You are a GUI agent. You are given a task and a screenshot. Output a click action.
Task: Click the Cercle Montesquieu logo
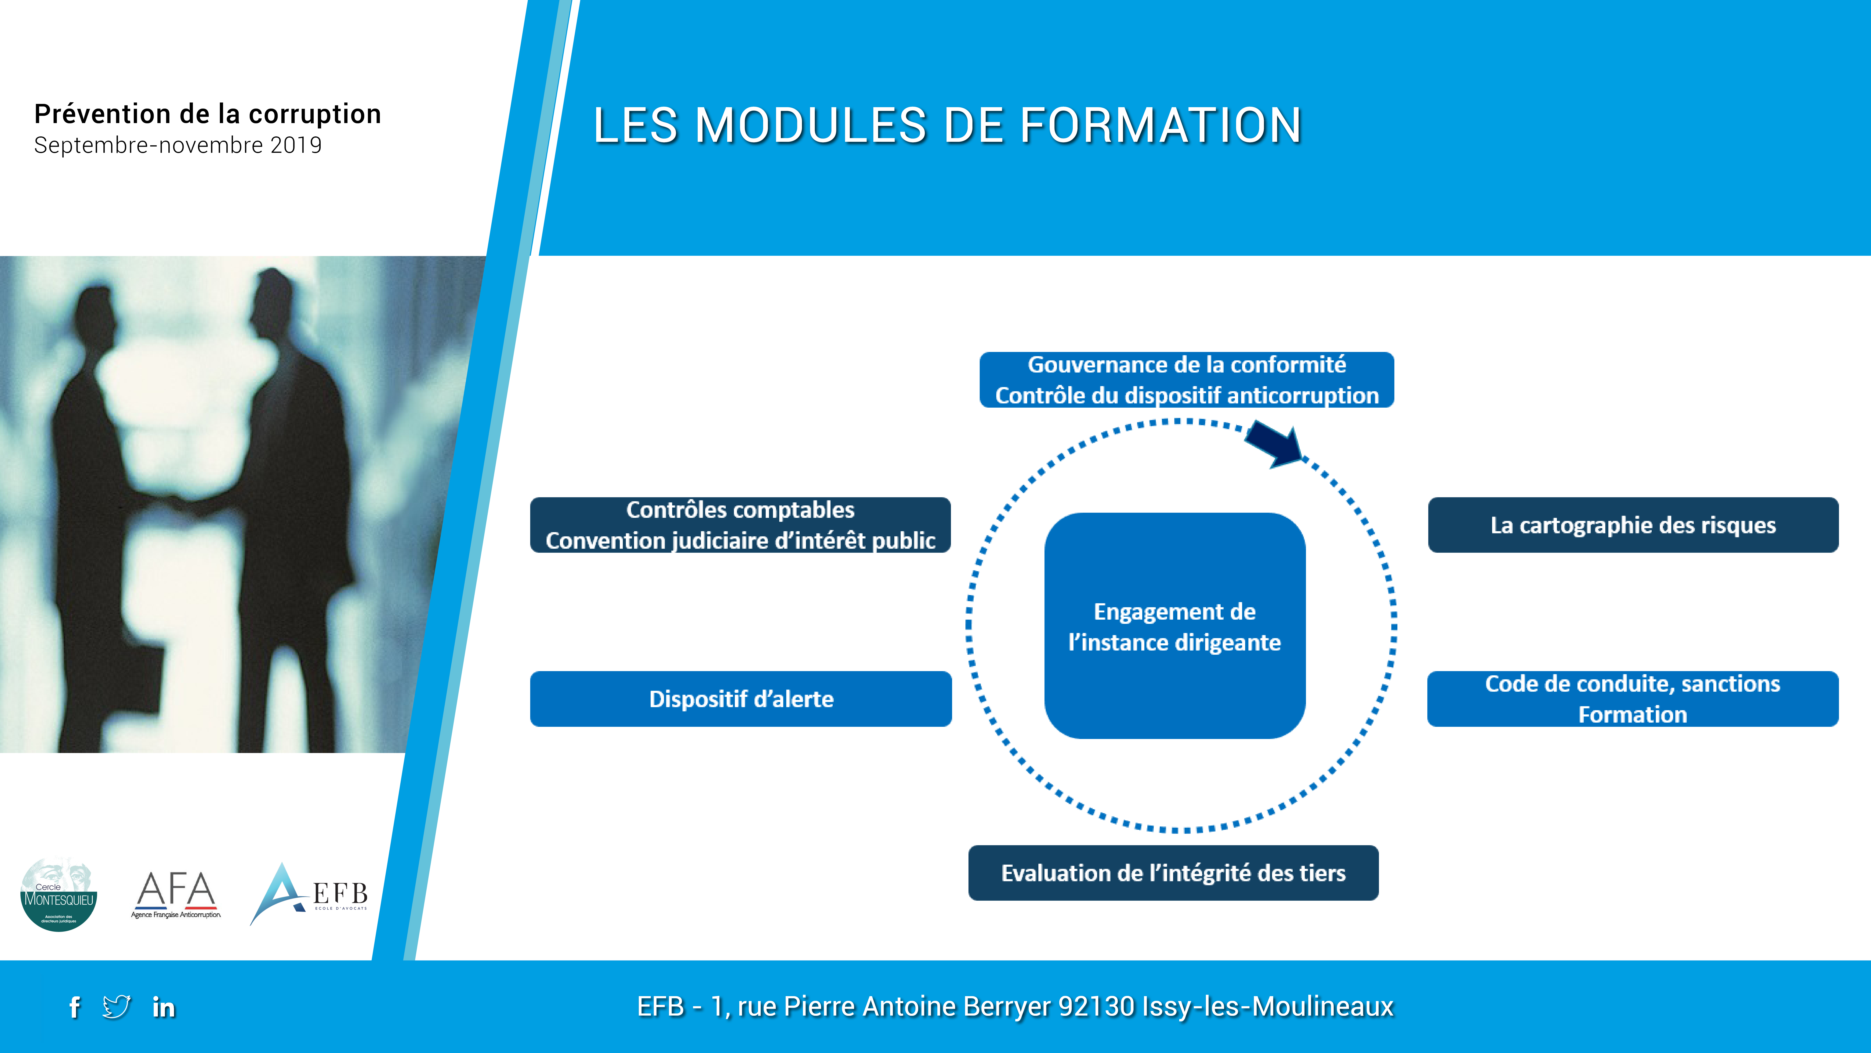click(x=59, y=895)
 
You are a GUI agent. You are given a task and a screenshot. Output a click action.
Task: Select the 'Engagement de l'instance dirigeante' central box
click(x=1175, y=626)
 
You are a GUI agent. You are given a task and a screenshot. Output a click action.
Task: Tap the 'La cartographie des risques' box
click(x=1633, y=525)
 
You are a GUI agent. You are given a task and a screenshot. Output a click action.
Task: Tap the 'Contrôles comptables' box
click(x=740, y=525)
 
